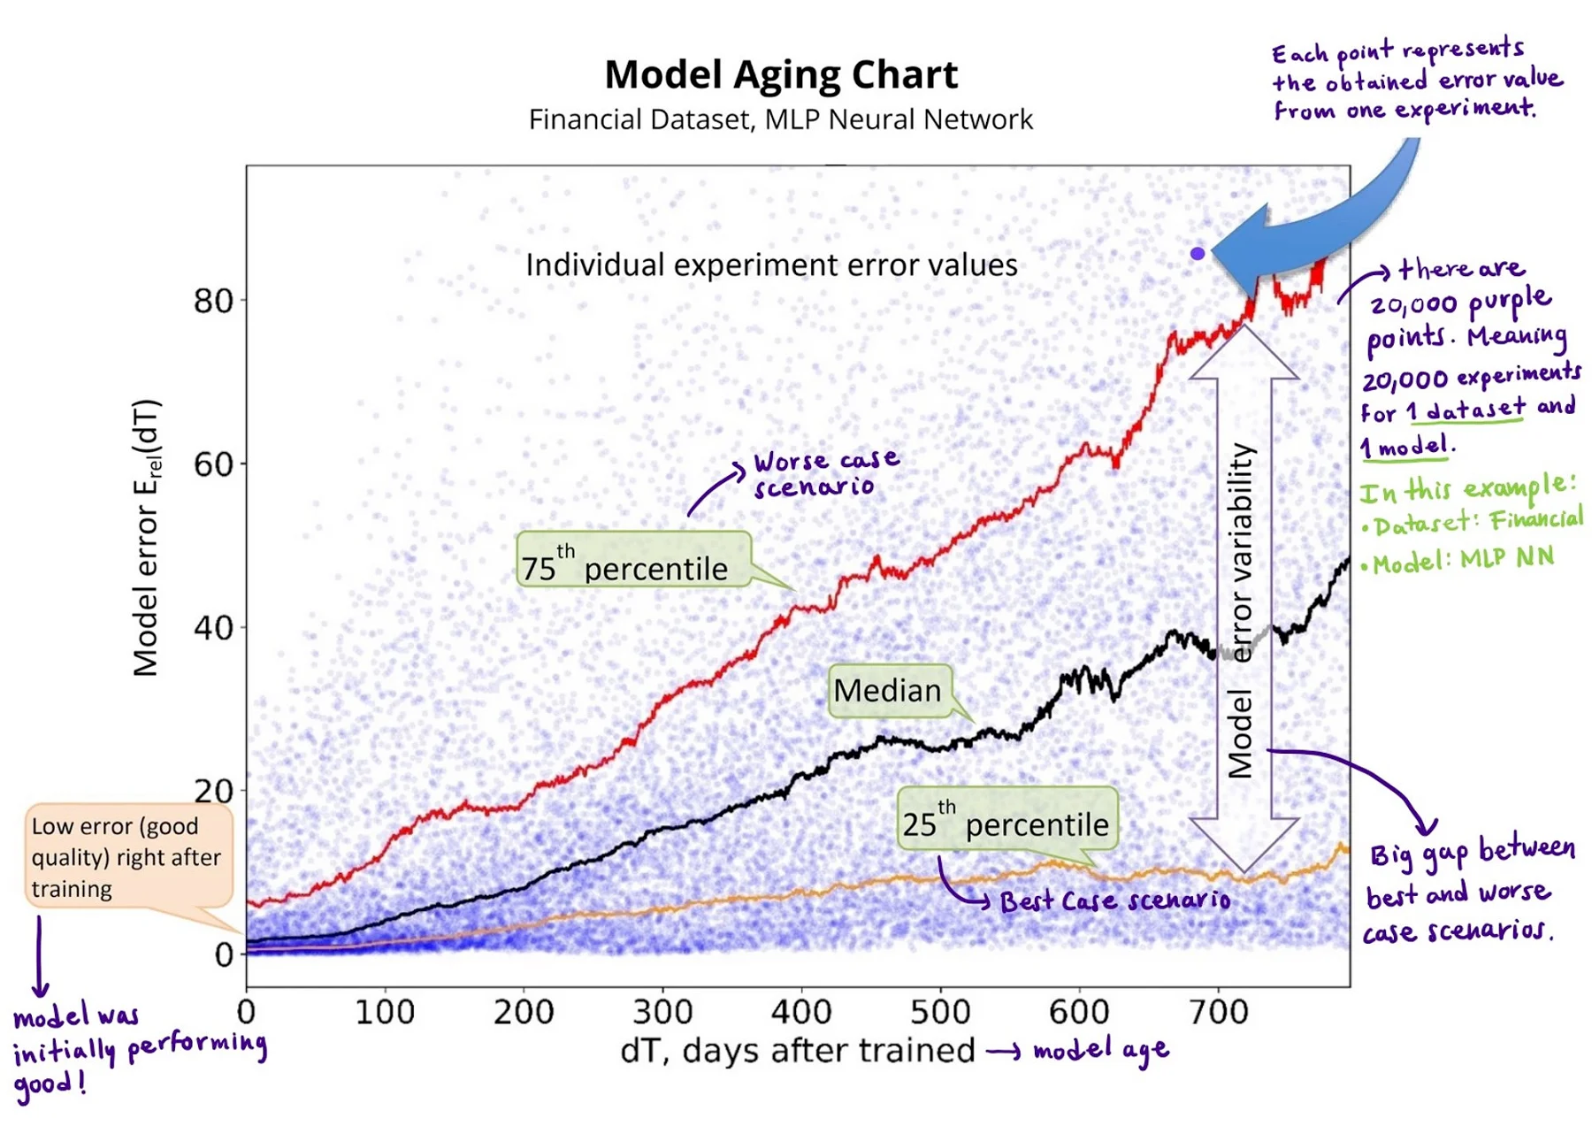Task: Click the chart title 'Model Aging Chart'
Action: coord(781,74)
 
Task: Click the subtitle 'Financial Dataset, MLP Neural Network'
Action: coord(781,119)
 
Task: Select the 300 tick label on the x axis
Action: coord(662,1011)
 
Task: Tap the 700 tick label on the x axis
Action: coord(1218,1011)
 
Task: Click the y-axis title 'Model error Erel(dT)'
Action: coord(147,538)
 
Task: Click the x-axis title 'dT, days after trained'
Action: coord(797,1051)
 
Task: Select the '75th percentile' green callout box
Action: coord(633,559)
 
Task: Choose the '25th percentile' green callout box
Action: coord(1007,819)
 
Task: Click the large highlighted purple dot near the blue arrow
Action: coord(1198,254)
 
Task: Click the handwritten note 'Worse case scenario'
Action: coord(825,473)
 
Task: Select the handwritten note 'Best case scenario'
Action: coord(1114,901)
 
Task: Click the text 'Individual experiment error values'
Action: coord(771,265)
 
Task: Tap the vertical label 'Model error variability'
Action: coord(1242,610)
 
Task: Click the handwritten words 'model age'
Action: coord(1101,1050)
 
